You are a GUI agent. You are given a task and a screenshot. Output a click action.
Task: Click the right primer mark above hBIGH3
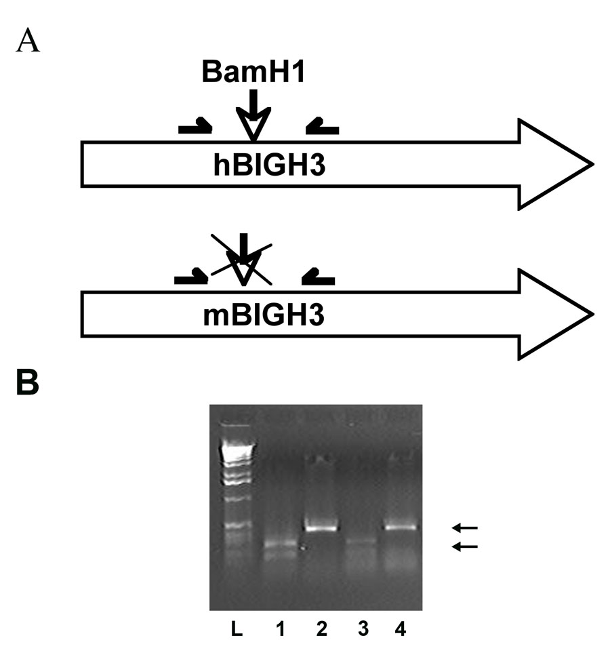(x=323, y=127)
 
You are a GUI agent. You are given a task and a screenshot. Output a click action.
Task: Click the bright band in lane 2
(x=321, y=527)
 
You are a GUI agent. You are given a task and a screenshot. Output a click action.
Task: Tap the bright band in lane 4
(x=402, y=527)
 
